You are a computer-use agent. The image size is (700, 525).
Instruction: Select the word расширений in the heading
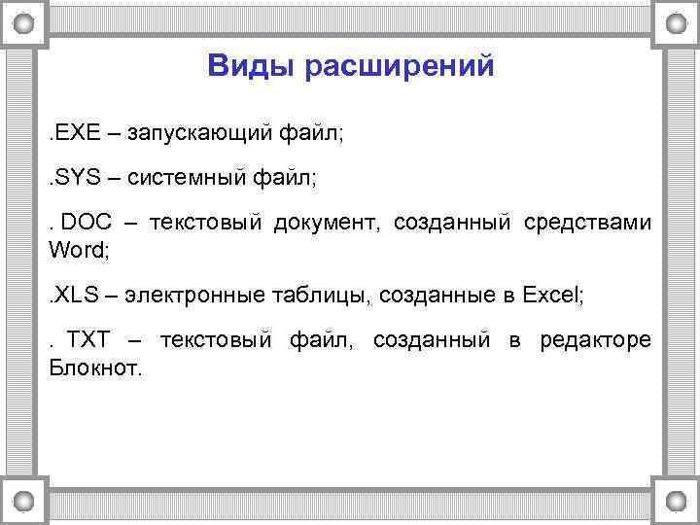(400, 67)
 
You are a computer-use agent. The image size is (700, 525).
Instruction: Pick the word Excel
(551, 296)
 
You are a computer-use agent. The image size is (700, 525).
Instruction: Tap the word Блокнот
(94, 367)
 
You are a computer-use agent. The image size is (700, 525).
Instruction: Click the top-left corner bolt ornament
(24, 23)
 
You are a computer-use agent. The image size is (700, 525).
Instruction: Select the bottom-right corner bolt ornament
(676, 501)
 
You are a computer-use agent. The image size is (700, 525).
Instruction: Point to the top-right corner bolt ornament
(676, 23)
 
